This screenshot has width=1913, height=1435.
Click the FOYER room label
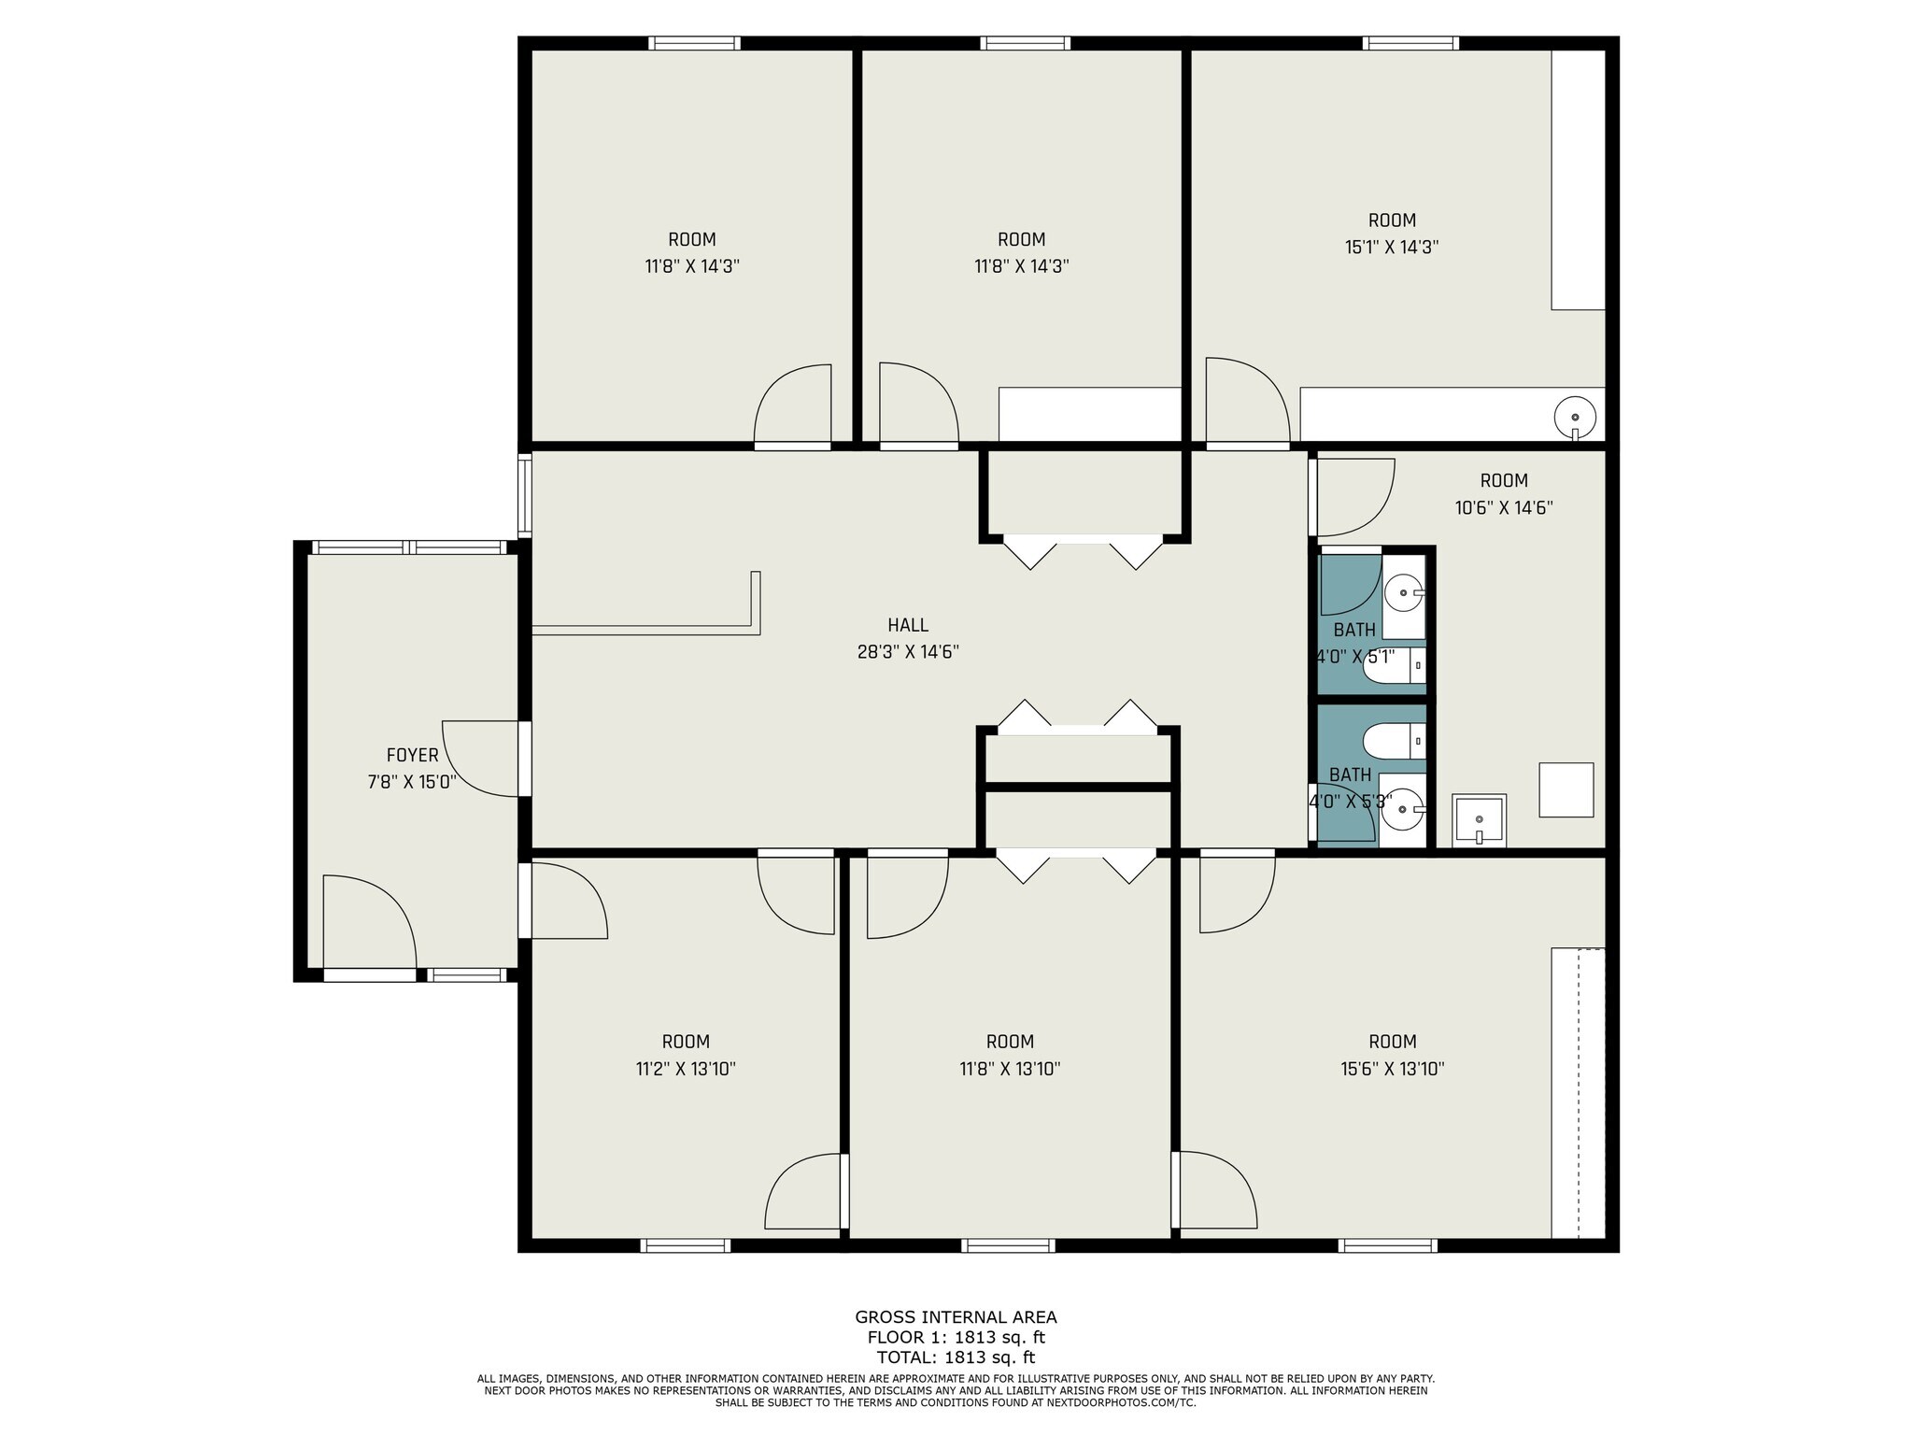(x=412, y=755)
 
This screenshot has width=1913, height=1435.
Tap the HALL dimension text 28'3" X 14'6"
(x=908, y=652)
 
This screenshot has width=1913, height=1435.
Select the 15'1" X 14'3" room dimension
(x=1391, y=248)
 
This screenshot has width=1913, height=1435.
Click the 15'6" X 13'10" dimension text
(x=1392, y=1069)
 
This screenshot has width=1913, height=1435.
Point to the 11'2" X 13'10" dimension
(x=686, y=1069)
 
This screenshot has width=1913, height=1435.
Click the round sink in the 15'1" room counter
(x=1575, y=417)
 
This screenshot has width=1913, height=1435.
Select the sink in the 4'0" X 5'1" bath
(x=1404, y=592)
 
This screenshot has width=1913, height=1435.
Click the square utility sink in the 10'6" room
(x=1479, y=820)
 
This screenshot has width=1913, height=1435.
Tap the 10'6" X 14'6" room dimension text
(x=1503, y=508)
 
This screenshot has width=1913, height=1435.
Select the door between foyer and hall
(x=480, y=759)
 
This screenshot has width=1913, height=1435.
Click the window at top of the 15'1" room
(x=1410, y=43)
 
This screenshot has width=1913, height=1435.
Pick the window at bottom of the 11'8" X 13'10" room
(x=1008, y=1244)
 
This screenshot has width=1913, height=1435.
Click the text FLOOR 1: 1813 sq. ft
(x=956, y=1337)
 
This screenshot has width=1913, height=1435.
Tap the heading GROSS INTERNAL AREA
(x=956, y=1317)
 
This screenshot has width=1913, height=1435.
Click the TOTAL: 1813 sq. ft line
(x=956, y=1357)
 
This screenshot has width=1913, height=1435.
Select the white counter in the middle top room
(x=1090, y=414)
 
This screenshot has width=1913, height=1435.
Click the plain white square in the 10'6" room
(x=1566, y=789)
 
